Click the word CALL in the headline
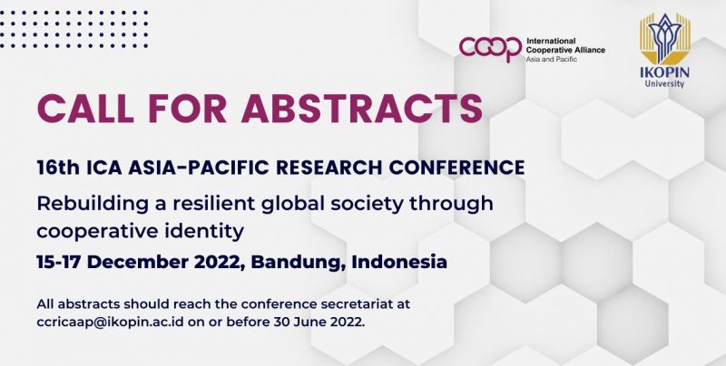tap(83, 108)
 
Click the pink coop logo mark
tap(490, 49)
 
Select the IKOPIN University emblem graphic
tap(665, 38)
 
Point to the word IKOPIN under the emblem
tap(665, 72)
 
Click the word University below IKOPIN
tap(665, 83)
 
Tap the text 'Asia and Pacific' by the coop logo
tap(552, 59)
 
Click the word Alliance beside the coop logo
tap(588, 50)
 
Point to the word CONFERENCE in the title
tap(457, 168)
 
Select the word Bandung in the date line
tap(299, 263)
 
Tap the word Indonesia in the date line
tap(399, 262)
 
